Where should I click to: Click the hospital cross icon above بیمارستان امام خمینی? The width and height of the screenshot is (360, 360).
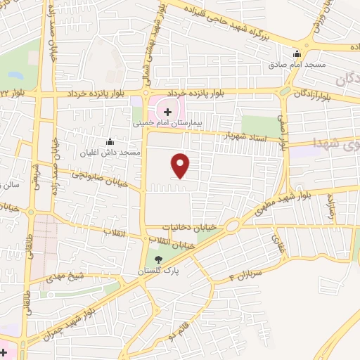pos(167,111)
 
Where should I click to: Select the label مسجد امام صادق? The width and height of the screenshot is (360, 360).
pos(296,64)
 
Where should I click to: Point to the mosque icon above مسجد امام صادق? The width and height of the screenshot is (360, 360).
pos(297,53)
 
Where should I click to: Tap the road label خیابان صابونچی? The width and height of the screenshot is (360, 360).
pos(103,181)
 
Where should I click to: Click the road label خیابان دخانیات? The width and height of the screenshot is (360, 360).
pos(186,227)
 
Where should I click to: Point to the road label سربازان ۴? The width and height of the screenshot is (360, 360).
pos(245,274)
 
